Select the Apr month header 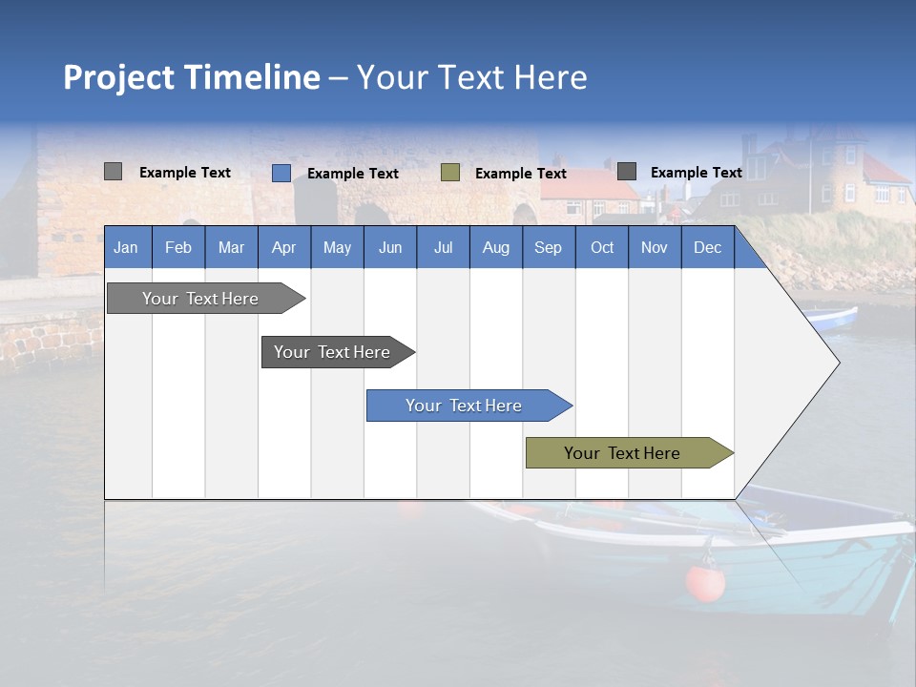[284, 247]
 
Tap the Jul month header [444, 247]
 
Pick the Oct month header [602, 247]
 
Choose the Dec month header [708, 247]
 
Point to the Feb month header [178, 247]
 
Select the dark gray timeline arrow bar [338, 352]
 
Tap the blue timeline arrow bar [469, 406]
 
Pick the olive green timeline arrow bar [630, 452]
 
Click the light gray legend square [114, 171]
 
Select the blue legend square [281, 173]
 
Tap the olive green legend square [450, 173]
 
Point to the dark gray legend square [627, 171]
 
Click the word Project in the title [118, 77]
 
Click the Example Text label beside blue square [353, 174]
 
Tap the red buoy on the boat [705, 583]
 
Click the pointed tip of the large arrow [840, 363]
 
